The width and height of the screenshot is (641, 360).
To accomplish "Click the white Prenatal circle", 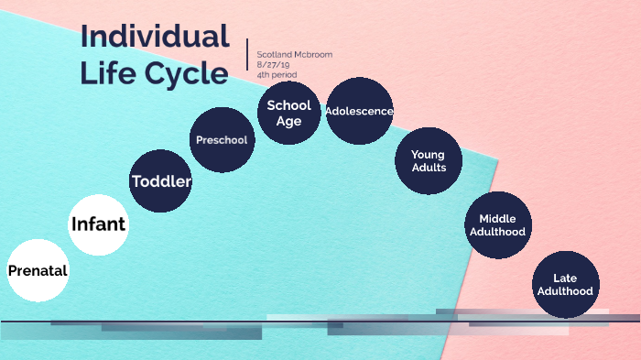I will point(38,270).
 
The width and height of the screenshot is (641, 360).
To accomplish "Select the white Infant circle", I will point(98,224).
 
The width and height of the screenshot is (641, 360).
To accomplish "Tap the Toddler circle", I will point(161,180).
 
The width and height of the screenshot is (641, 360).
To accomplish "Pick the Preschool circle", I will point(222,139).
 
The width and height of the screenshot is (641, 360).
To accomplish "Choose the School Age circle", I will point(288,113).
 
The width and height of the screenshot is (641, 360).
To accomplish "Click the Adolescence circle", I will point(359,111).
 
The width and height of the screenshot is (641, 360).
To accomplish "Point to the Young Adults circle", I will point(429,160).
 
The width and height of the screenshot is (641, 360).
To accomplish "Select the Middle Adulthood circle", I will point(497,224).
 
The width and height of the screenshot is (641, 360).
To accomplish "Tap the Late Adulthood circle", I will point(566,284).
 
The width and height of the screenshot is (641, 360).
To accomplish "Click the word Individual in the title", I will point(155,36).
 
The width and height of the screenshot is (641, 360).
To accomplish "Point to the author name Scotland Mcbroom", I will point(294,54).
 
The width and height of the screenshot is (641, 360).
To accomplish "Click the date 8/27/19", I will point(273,64).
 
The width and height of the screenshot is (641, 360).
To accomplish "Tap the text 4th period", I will point(277,74).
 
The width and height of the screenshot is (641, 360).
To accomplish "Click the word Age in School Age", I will point(288,121).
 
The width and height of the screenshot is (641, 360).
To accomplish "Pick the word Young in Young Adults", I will point(429,154).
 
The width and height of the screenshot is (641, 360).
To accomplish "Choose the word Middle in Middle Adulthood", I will point(497,218).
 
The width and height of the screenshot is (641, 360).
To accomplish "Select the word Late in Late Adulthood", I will point(566,278).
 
